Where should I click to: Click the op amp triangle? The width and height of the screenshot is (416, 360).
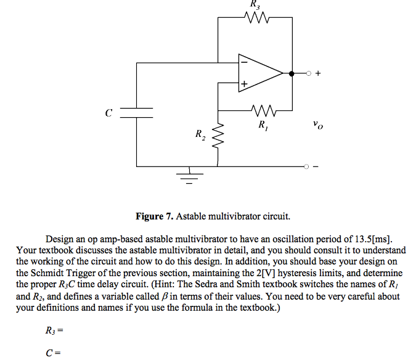pos(259,72)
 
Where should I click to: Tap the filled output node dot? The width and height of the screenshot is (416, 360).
pos(292,73)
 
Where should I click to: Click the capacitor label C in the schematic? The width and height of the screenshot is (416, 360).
pos(108,113)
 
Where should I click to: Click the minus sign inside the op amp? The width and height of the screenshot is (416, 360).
pos(244,62)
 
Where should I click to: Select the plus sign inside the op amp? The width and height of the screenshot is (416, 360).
pos(244,83)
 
